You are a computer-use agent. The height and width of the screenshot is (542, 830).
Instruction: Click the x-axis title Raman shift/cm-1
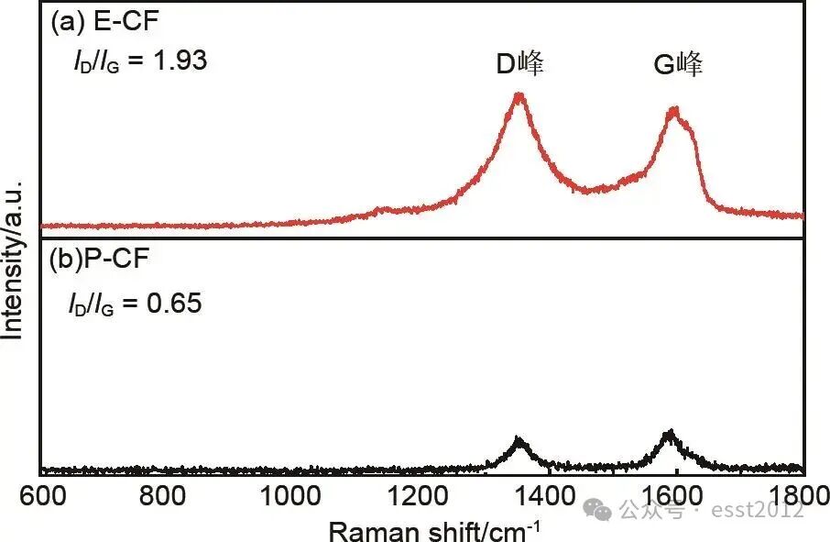(432, 529)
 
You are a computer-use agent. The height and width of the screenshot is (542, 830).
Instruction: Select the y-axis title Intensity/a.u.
(13, 260)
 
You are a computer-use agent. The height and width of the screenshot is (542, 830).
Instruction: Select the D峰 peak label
(519, 64)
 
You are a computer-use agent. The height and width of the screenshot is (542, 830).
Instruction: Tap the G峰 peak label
(678, 64)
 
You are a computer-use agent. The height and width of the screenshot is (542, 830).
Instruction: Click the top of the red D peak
(519, 94)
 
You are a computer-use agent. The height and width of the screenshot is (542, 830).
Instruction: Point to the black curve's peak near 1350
(519, 440)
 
